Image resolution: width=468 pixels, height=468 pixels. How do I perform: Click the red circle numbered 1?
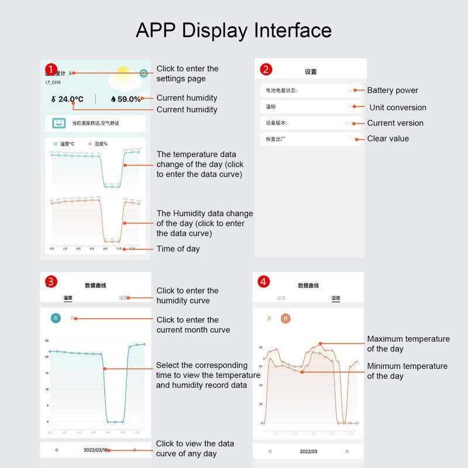click(x=51, y=70)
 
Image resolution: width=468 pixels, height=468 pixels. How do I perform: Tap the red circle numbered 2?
click(x=266, y=70)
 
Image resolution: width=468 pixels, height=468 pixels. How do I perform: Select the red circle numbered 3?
click(x=51, y=282)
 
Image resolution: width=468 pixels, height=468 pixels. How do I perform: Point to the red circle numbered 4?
click(x=264, y=282)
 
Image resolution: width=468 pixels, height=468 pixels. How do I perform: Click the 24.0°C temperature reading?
click(x=67, y=99)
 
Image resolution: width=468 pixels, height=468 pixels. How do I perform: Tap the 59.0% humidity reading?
click(x=126, y=99)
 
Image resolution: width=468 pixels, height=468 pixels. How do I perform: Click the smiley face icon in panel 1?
click(x=58, y=123)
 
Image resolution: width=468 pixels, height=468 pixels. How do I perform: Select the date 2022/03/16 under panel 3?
click(x=95, y=450)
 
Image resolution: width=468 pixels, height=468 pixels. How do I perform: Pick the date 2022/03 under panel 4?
click(x=308, y=452)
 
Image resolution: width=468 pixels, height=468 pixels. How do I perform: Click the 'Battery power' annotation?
click(x=393, y=91)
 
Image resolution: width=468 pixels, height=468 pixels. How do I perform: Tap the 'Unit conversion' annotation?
click(x=398, y=108)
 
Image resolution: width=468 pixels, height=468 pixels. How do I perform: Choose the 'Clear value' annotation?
click(x=388, y=139)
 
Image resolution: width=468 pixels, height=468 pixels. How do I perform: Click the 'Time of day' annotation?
click(x=178, y=249)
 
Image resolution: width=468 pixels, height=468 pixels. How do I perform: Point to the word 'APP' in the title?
click(x=156, y=30)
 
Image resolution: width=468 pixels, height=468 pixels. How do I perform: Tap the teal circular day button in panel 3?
click(x=56, y=318)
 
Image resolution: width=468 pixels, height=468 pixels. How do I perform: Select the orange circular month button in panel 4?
click(x=285, y=319)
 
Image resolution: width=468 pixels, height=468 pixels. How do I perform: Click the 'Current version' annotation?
click(x=395, y=123)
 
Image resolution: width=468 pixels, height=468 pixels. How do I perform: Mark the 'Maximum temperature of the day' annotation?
click(x=408, y=343)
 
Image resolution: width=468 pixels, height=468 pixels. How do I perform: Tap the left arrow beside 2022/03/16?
click(x=56, y=450)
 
